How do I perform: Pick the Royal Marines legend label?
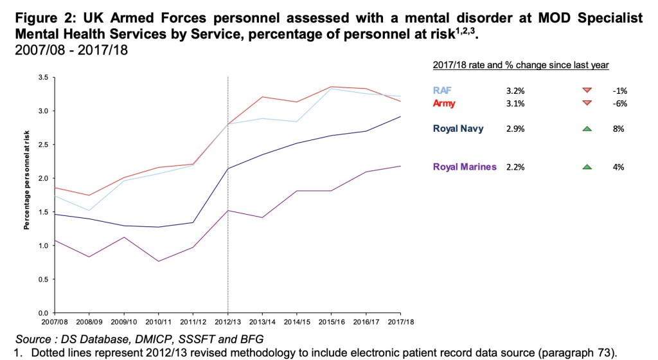[x=464, y=167]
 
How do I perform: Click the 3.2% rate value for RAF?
[x=515, y=91]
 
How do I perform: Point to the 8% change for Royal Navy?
[x=619, y=129]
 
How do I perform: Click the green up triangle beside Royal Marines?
[x=586, y=167]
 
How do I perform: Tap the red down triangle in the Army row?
[x=586, y=103]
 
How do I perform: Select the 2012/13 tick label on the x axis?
[x=228, y=321]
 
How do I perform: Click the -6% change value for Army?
[x=619, y=103]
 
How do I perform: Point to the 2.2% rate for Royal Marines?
[x=515, y=167]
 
